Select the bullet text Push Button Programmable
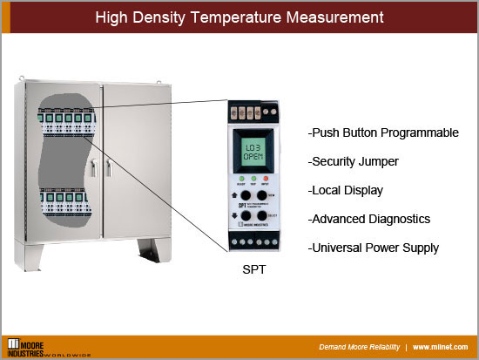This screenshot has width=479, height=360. tap(383, 133)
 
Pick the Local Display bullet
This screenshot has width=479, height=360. tap(345, 190)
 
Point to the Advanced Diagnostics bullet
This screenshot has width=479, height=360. tap(369, 219)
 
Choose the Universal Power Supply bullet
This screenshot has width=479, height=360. tap(374, 248)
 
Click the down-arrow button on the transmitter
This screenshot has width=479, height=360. tap(246, 215)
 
